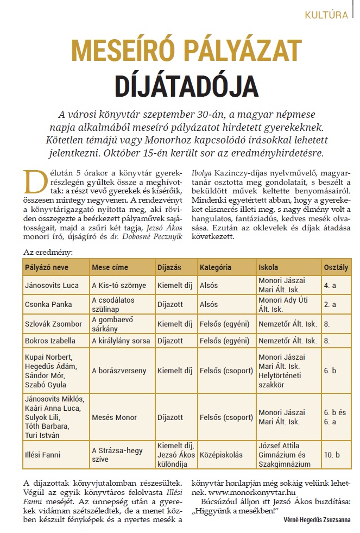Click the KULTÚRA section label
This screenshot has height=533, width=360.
point(326,15)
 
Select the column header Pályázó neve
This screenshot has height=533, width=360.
point(49,267)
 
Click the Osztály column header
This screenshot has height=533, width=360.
point(336,267)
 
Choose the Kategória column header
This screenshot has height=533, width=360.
point(216,267)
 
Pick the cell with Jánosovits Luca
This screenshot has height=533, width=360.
point(49,285)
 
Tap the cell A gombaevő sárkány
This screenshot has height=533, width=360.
point(113,324)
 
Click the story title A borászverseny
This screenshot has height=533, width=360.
point(119,371)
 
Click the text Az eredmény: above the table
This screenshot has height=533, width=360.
point(49,252)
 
